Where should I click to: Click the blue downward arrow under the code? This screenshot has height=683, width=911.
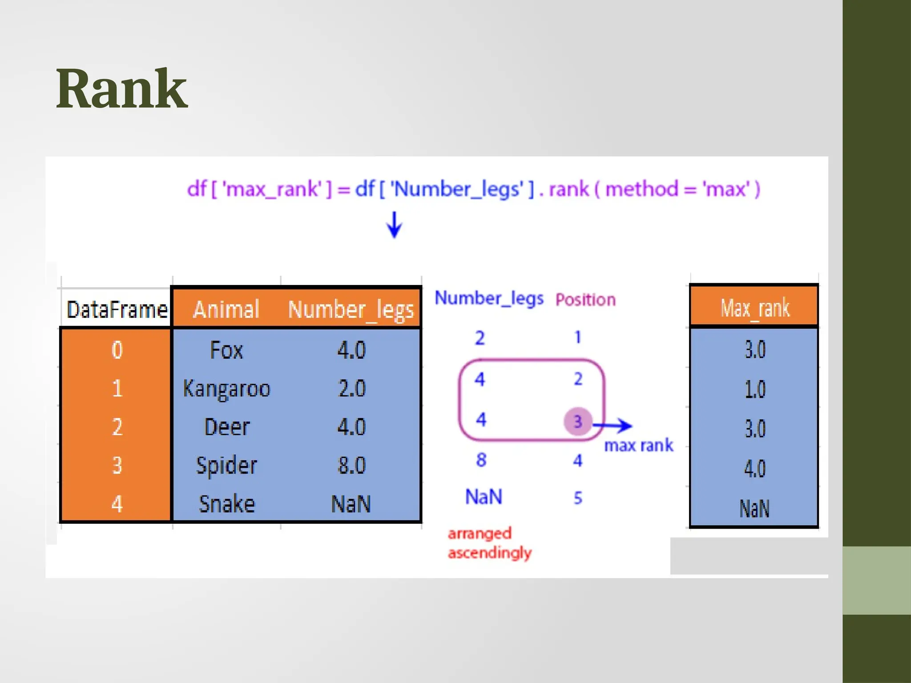(394, 225)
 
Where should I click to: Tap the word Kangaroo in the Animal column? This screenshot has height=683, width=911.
(226, 389)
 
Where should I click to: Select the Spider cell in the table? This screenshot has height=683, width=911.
(226, 466)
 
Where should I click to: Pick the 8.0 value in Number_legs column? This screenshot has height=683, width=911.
(351, 466)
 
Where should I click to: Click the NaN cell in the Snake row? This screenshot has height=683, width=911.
(351, 504)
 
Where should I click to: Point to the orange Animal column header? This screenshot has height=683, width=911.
(226, 309)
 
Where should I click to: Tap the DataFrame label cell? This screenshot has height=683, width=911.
(117, 309)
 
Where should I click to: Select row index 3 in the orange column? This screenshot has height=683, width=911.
(117, 466)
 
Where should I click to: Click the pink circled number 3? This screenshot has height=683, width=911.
(577, 421)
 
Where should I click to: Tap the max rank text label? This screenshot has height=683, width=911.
(638, 446)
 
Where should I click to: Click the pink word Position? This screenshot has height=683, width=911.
(585, 300)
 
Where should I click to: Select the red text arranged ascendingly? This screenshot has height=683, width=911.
(489, 543)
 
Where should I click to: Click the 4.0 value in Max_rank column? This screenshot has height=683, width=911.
(755, 469)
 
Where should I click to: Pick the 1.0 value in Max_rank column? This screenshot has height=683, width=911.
(755, 390)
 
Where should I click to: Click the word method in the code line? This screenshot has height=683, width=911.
(641, 189)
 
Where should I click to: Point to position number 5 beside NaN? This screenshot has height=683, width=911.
(578, 498)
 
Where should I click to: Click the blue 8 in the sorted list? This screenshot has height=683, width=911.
(481, 460)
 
